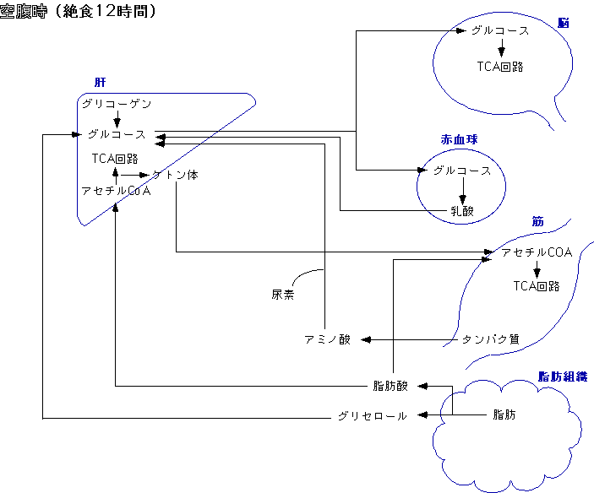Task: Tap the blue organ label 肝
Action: tap(101, 84)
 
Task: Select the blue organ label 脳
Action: tap(564, 23)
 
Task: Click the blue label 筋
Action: tap(537, 221)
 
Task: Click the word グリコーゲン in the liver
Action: tap(117, 103)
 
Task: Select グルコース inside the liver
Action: tap(117, 134)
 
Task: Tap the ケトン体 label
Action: tap(175, 175)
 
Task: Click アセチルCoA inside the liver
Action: tap(116, 191)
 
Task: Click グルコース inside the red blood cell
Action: tap(461, 171)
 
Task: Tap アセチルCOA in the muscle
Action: tap(537, 252)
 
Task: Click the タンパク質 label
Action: tap(490, 339)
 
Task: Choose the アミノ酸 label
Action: tap(327, 339)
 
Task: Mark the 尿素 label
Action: tap(282, 295)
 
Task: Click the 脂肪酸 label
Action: tap(390, 386)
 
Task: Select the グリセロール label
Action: tap(372, 416)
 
